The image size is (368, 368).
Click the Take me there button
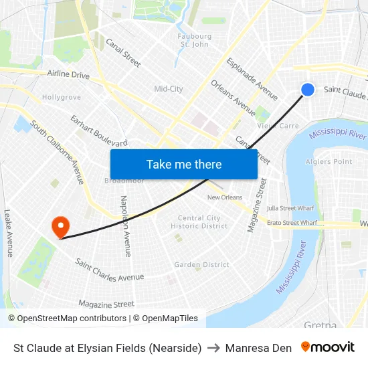coord(183,164)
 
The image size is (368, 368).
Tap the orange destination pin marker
coord(61,225)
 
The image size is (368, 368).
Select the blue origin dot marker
coord(308,90)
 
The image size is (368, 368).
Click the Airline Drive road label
coord(68,75)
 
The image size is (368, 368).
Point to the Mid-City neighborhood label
coord(169,89)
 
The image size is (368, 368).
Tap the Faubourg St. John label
coord(195,40)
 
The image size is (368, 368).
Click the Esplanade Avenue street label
coord(252,79)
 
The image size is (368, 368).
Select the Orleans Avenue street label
coord(234,98)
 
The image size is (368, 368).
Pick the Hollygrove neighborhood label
coord(61,97)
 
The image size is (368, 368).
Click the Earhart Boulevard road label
coord(99,130)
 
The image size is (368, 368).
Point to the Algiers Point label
coord(329,162)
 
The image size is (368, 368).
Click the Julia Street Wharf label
coord(290,208)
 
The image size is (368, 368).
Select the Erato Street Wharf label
coord(292,223)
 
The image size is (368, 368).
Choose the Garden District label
coord(201,265)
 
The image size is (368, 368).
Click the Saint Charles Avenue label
coord(109,269)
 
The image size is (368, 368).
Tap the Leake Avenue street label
coord(8,233)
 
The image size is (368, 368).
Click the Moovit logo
coord(328,347)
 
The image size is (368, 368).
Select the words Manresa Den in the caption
coord(258,348)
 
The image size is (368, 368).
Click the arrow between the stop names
coord(213,348)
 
